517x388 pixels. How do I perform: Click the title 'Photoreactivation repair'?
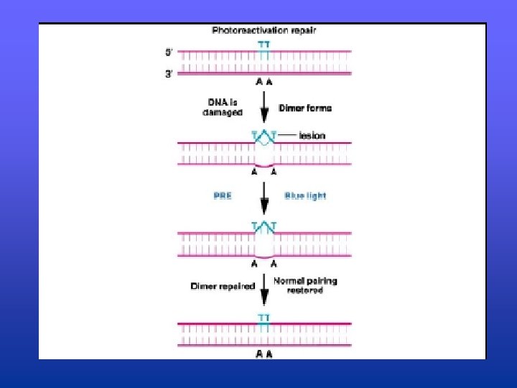[x=264, y=31]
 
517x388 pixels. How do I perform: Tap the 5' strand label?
[x=169, y=52]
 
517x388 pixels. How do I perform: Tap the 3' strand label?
[x=169, y=73]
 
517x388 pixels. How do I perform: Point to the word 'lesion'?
[x=312, y=135]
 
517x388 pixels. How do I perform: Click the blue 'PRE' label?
[x=223, y=195]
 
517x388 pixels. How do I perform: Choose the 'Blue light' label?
[x=305, y=195]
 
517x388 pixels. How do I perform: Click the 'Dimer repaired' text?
[x=223, y=286]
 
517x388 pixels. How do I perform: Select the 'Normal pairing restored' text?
[x=305, y=285]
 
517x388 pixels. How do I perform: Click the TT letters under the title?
[x=264, y=45]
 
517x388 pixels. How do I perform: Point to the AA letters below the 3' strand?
[x=264, y=83]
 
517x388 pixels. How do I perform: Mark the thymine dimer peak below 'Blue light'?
[x=264, y=227]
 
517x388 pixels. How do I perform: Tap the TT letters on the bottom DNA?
[x=264, y=316]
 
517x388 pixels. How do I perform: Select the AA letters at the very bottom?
[x=264, y=354]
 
